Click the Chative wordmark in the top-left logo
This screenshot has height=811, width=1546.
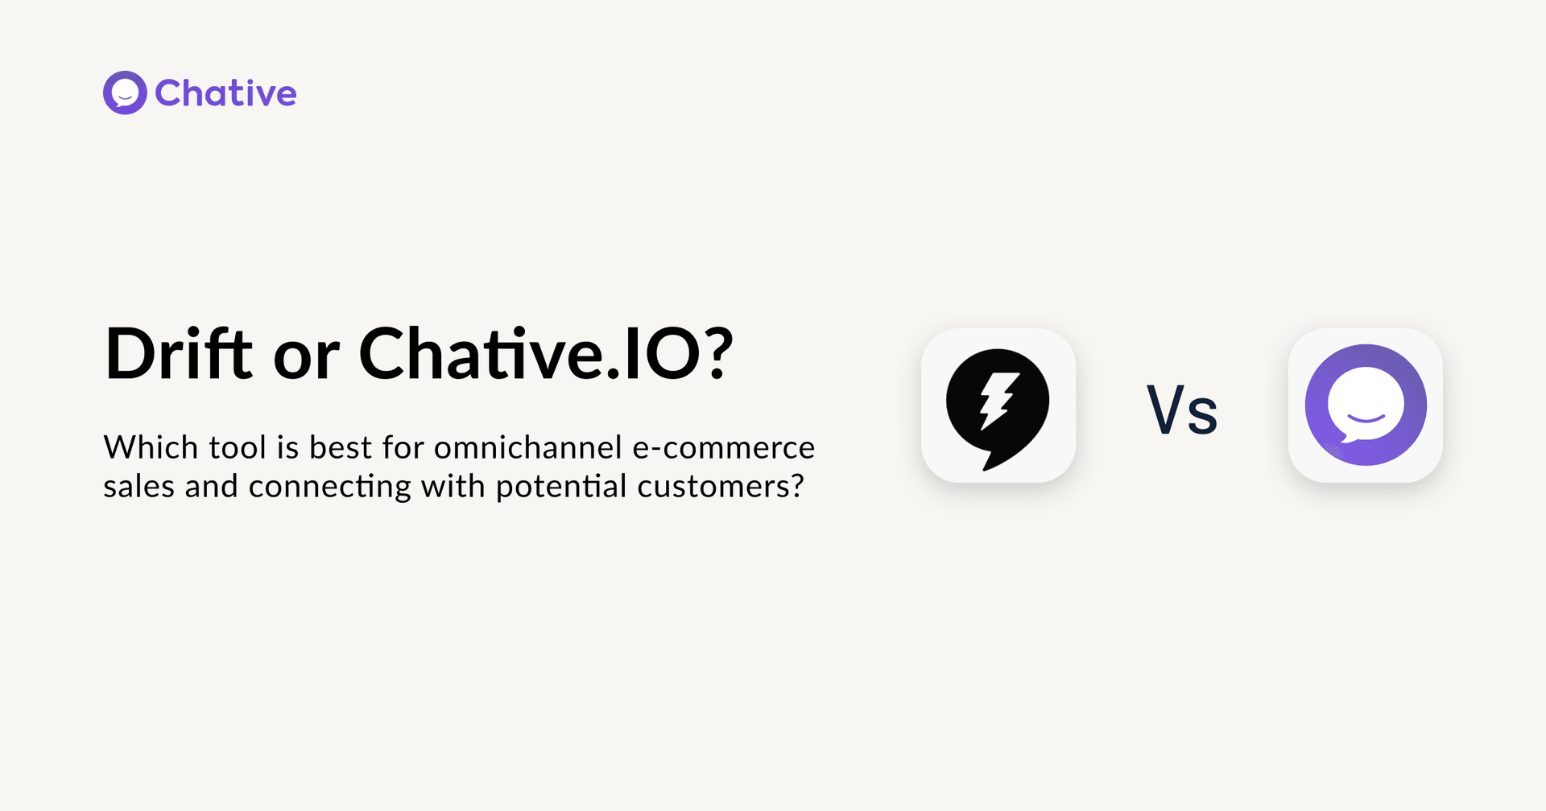tap(225, 93)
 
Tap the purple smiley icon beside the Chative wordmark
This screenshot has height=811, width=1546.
tap(125, 93)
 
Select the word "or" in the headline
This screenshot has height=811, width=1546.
tap(306, 360)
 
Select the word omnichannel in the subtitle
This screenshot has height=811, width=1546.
tap(528, 447)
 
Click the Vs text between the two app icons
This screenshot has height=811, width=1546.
tap(1182, 410)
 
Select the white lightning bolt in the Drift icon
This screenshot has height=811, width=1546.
tap(996, 400)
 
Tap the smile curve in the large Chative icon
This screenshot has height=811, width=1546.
tap(1366, 418)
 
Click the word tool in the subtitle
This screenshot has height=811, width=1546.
tap(238, 447)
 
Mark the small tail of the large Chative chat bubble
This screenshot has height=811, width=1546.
tap(1339, 438)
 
